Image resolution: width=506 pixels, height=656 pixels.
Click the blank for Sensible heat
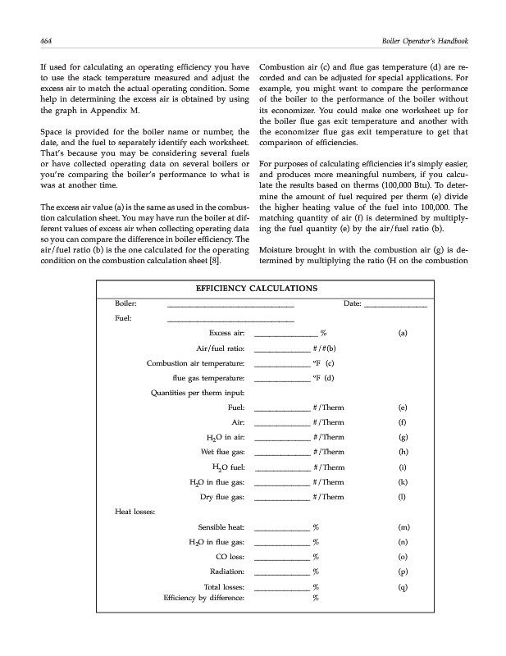point(282,529)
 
